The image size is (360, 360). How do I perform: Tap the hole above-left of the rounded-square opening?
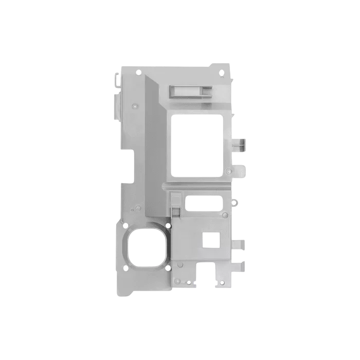[x=125, y=225]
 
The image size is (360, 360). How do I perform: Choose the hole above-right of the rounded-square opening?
[x=168, y=225]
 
